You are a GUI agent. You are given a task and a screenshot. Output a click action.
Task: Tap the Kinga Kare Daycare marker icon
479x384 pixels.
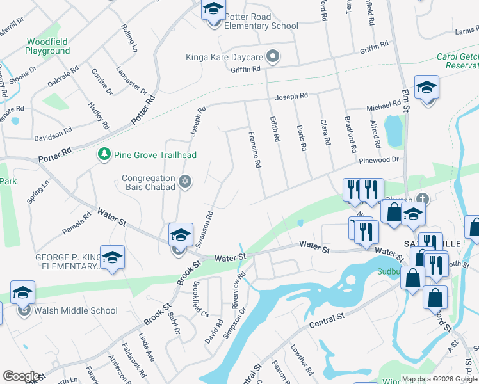pos(273,57)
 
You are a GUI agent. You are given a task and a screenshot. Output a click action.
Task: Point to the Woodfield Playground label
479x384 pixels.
pos(47,46)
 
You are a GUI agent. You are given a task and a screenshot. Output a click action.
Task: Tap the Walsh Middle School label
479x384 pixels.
pos(77,311)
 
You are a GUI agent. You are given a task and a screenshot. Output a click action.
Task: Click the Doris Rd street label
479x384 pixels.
pos(301,138)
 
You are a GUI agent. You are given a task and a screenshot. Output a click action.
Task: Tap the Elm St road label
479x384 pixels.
pos(405,101)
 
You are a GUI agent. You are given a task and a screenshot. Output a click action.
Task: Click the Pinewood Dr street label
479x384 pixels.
pos(379,160)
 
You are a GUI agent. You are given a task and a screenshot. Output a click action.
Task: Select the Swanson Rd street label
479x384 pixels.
pos(204,229)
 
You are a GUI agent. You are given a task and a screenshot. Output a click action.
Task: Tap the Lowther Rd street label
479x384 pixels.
pos(302,360)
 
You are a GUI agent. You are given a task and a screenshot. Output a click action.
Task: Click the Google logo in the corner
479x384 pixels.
pos(21,376)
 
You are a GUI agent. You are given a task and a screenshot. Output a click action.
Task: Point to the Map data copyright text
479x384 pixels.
pos(439,379)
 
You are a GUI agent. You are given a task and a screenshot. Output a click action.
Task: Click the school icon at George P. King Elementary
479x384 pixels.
pos(112,257)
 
